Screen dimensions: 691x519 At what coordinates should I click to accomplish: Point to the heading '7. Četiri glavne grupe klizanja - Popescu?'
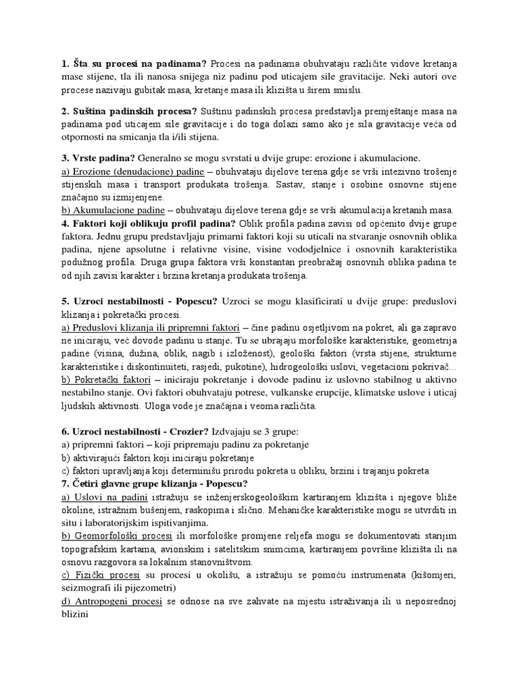click(155, 483)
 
